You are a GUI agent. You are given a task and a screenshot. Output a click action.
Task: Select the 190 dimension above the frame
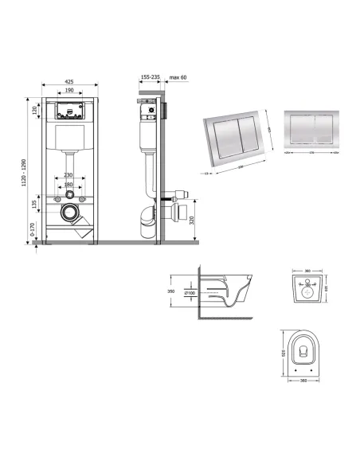coord(70,92)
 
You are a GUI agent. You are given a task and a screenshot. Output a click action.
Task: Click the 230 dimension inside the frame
coord(70,175)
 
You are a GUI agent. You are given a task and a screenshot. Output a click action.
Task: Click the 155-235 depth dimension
coord(150,77)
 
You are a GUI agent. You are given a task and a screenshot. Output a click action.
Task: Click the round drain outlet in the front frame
coord(70,213)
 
